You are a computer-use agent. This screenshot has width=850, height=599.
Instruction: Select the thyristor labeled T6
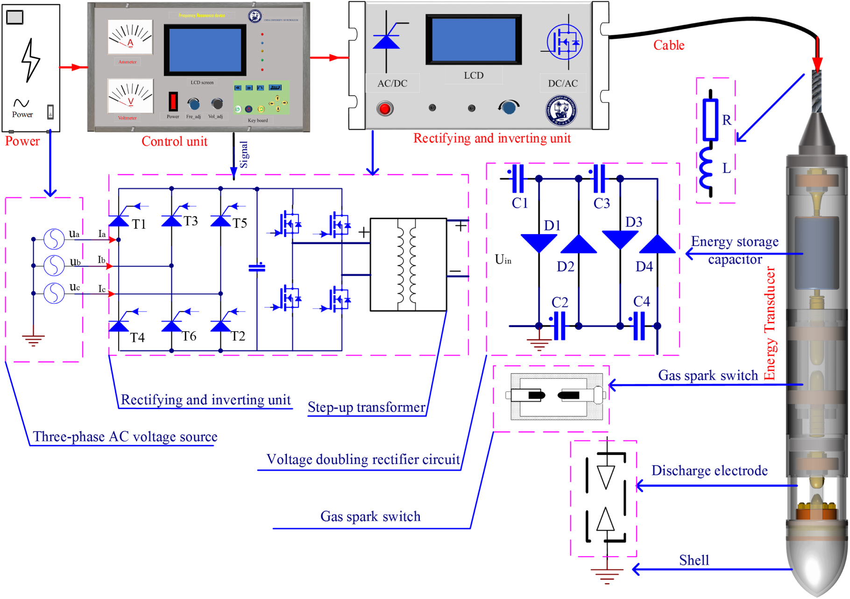click(171, 325)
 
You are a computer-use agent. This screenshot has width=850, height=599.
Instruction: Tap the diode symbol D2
click(578, 244)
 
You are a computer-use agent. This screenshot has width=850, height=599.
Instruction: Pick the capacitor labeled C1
click(517, 178)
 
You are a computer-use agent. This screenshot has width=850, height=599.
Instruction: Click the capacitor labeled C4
click(639, 326)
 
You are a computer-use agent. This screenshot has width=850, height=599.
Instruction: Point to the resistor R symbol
click(710, 119)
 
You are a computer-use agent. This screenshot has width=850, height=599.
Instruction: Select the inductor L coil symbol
click(706, 168)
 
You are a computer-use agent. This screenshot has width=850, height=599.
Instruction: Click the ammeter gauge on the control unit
click(130, 37)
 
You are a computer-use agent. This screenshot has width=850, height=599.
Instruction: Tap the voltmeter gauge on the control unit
click(130, 96)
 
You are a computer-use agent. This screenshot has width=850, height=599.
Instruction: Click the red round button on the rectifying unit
click(385, 109)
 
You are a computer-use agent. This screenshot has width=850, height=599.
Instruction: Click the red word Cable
click(668, 45)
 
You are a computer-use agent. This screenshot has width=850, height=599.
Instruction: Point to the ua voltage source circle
click(54, 239)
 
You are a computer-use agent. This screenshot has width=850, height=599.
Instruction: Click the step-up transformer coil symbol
click(406, 265)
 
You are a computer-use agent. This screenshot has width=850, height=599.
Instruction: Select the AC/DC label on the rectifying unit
click(392, 84)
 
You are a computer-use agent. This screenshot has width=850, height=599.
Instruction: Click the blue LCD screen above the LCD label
click(473, 39)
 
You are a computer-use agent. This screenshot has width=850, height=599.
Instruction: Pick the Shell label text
click(694, 560)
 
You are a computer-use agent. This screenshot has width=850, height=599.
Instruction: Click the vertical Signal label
click(244, 154)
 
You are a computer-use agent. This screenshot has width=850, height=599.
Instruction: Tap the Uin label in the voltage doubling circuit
click(503, 259)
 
